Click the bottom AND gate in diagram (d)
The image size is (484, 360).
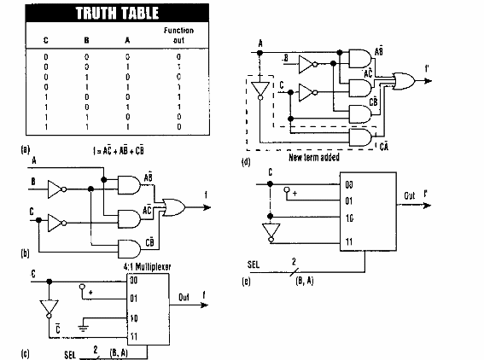click(x=359, y=136)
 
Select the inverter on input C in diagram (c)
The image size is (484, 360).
click(x=47, y=306)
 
